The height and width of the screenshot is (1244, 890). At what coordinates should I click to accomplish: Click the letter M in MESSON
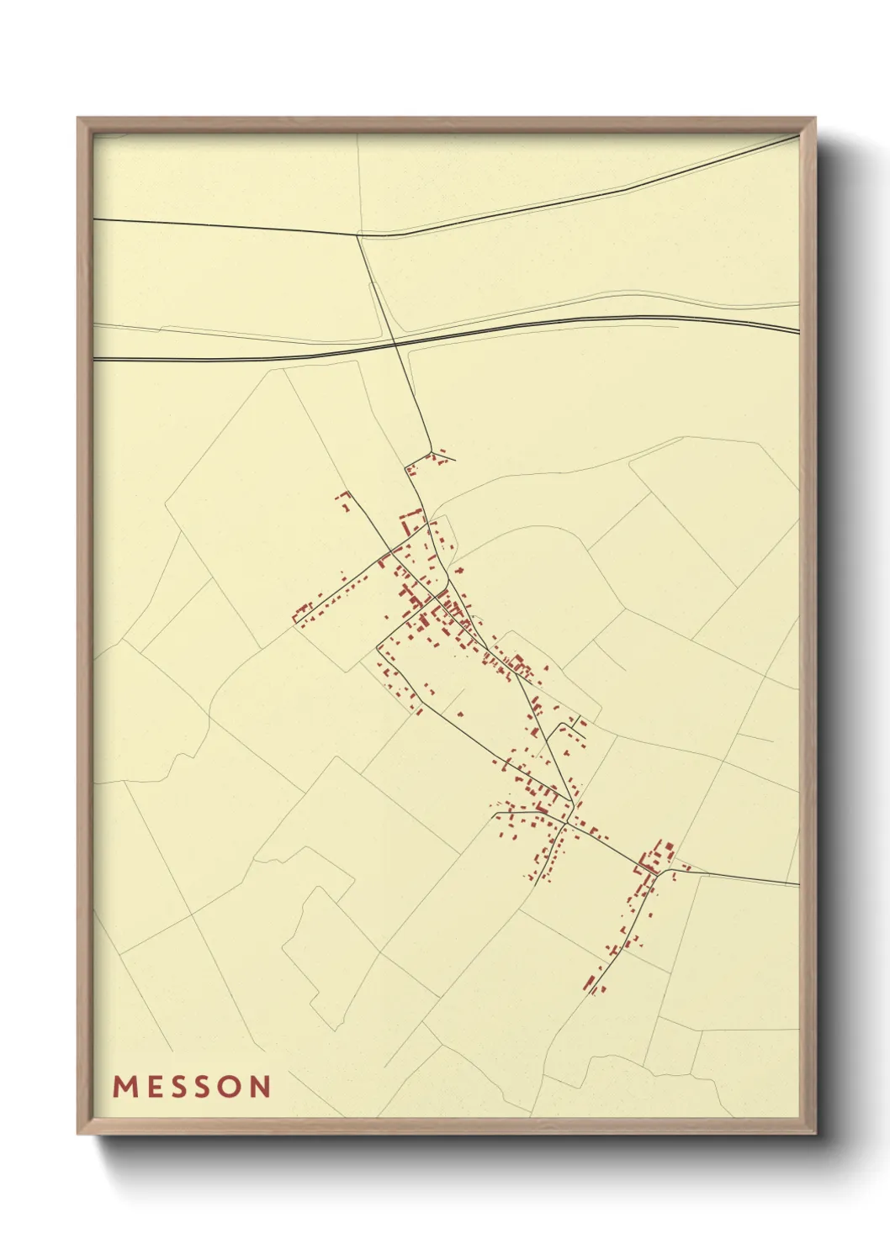[125, 1087]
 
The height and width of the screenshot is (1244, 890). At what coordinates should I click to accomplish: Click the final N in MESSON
[261, 1087]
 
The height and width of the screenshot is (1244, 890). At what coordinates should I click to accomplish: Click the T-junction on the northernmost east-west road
[358, 235]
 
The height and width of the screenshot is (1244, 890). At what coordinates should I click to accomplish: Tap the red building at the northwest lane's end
[342, 497]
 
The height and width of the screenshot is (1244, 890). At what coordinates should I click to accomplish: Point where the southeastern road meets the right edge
[797, 884]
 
